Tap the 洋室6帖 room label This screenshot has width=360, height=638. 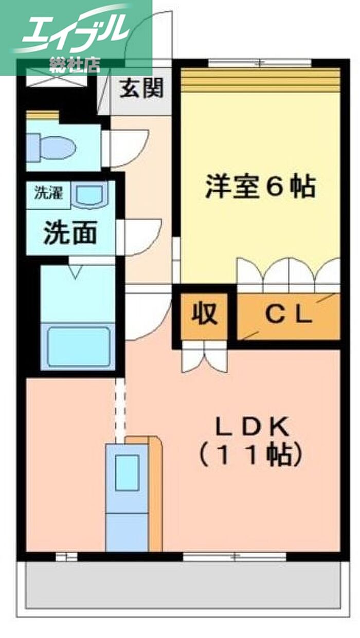tap(260, 187)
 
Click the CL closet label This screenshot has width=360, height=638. tap(289, 314)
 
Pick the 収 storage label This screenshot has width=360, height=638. tap(204, 314)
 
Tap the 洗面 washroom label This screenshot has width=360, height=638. tap(70, 234)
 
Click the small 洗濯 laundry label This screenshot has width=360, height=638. tap(48, 194)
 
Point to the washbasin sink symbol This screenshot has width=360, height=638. tap(91, 196)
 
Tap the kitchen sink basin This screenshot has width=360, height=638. tap(127, 472)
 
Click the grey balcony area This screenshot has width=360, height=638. tap(183, 586)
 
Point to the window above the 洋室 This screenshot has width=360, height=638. tap(260, 63)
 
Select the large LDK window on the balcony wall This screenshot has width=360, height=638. tap(234, 556)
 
